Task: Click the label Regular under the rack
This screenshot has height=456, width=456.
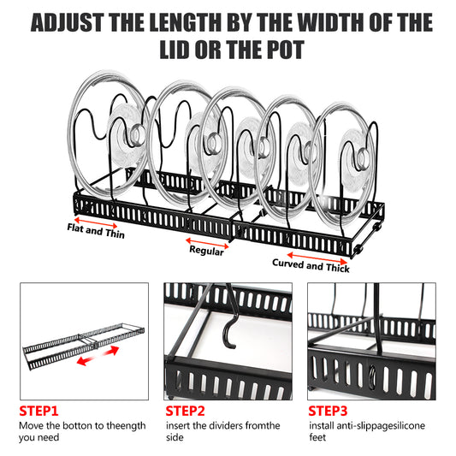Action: point(206,252)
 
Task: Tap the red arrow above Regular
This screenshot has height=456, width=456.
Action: point(206,240)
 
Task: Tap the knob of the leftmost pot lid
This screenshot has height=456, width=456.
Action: point(137,133)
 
